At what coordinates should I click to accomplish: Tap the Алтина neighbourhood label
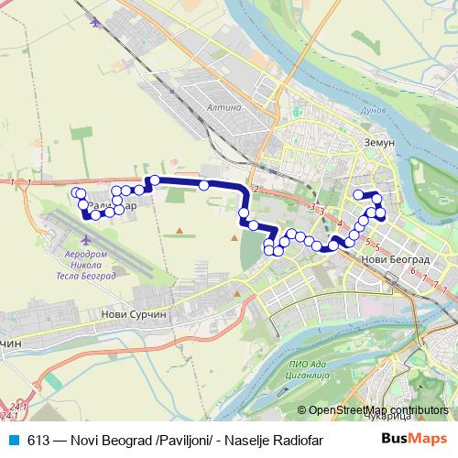[x=224, y=107]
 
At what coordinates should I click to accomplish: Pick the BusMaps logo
[x=420, y=438]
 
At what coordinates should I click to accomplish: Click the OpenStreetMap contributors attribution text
[x=377, y=409]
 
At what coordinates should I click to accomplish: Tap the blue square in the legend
[x=14, y=439]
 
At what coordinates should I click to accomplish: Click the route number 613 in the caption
[x=38, y=439]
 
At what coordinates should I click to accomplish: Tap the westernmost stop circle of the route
[x=74, y=192]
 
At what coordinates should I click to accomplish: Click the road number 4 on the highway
[x=340, y=223]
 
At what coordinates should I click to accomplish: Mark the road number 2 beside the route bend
[x=257, y=190]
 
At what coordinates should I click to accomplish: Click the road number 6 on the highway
[x=413, y=271]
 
